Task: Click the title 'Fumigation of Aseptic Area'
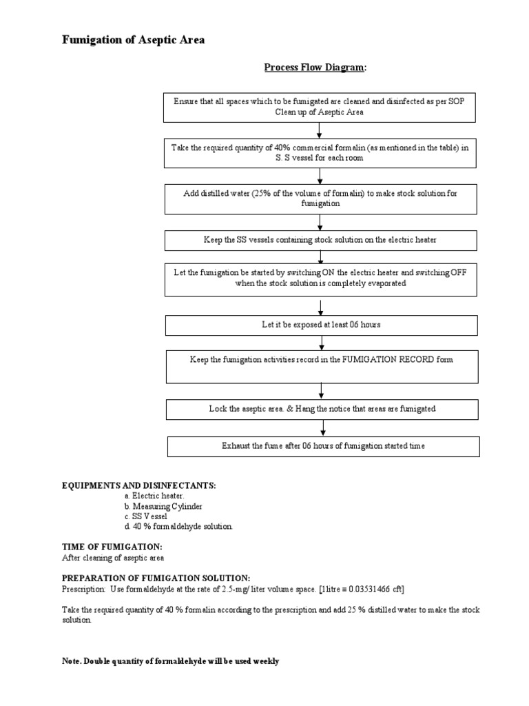(x=133, y=41)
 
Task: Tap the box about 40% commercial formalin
(x=319, y=152)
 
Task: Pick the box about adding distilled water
(x=319, y=199)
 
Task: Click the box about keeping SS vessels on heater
(x=320, y=240)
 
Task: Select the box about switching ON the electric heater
(x=320, y=278)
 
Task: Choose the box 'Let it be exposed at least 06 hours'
(x=322, y=325)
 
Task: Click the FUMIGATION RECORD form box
(x=322, y=365)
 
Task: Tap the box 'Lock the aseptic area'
(x=322, y=409)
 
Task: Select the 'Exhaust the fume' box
(x=323, y=446)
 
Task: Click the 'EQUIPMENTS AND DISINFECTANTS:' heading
(x=139, y=486)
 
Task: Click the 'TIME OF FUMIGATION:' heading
(x=112, y=547)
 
